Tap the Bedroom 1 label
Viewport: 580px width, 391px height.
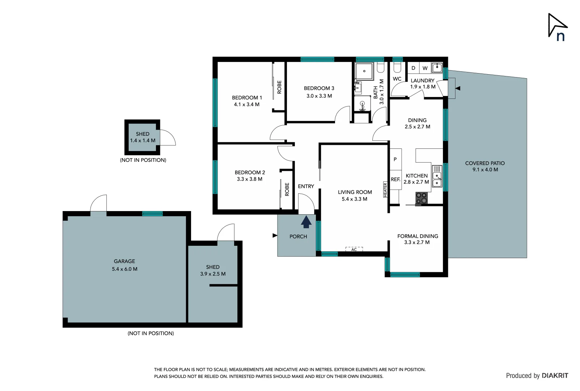click(247, 97)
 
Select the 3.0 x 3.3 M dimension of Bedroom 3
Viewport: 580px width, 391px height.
click(319, 96)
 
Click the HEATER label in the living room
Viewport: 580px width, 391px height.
click(385, 190)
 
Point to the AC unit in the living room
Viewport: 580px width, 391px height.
click(354, 249)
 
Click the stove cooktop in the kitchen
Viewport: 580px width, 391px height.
click(422, 198)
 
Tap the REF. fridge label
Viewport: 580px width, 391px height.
click(395, 179)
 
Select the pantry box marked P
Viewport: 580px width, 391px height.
click(395, 159)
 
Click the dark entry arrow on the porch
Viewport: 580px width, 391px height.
click(306, 222)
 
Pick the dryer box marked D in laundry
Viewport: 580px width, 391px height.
click(413, 68)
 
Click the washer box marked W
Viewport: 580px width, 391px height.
click(425, 68)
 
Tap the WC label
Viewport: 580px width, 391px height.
click(397, 79)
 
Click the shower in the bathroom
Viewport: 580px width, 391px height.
click(364, 71)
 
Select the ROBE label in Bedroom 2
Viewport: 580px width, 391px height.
click(287, 189)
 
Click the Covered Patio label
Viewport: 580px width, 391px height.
click(485, 163)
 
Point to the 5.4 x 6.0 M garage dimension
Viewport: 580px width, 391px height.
click(124, 269)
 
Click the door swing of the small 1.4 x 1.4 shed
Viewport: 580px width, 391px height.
click(167, 138)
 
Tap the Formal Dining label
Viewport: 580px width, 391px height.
click(418, 236)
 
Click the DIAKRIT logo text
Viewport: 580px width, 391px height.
click(555, 375)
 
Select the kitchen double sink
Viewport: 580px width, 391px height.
click(437, 180)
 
